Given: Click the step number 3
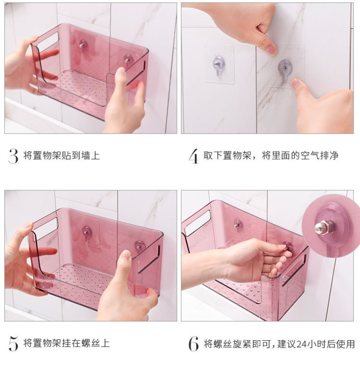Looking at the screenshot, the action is tap(13, 156).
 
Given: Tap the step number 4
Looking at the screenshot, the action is tap(193, 156).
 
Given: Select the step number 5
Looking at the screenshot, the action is tap(13, 344).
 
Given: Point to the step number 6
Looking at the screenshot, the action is tap(193, 344).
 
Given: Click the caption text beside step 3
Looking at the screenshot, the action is tap(62, 156).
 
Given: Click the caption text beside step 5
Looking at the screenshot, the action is tap(66, 343).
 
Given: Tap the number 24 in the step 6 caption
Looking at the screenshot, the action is tap(301, 344).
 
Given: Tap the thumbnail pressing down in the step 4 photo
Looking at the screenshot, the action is tap(270, 49).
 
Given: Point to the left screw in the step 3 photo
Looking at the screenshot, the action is tap(83, 45).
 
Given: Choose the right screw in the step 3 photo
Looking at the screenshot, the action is tap(128, 59).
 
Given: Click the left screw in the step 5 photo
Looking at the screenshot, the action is tap(86, 231).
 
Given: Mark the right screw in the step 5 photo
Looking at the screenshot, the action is tap(139, 245).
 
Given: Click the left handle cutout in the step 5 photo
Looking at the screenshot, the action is tap(45, 228).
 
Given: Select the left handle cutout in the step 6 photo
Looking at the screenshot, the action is tap(197, 222).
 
